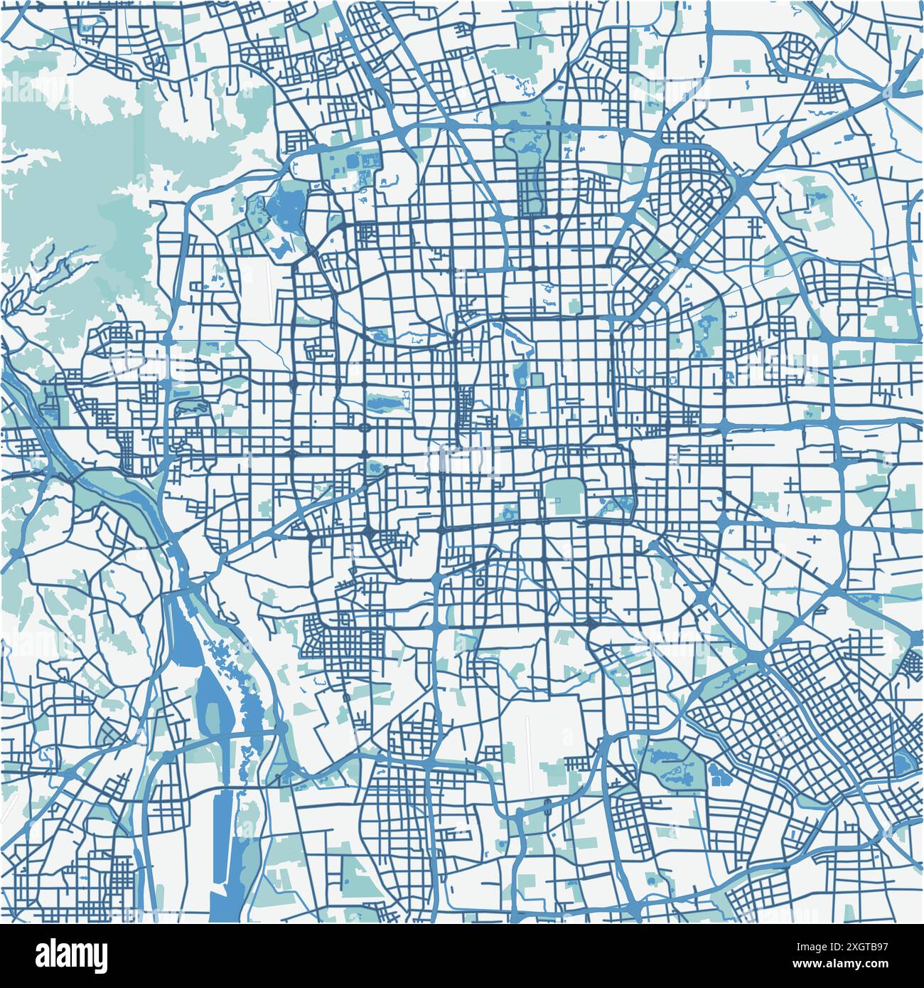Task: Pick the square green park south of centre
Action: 564,496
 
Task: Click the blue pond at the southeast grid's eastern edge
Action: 902,763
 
